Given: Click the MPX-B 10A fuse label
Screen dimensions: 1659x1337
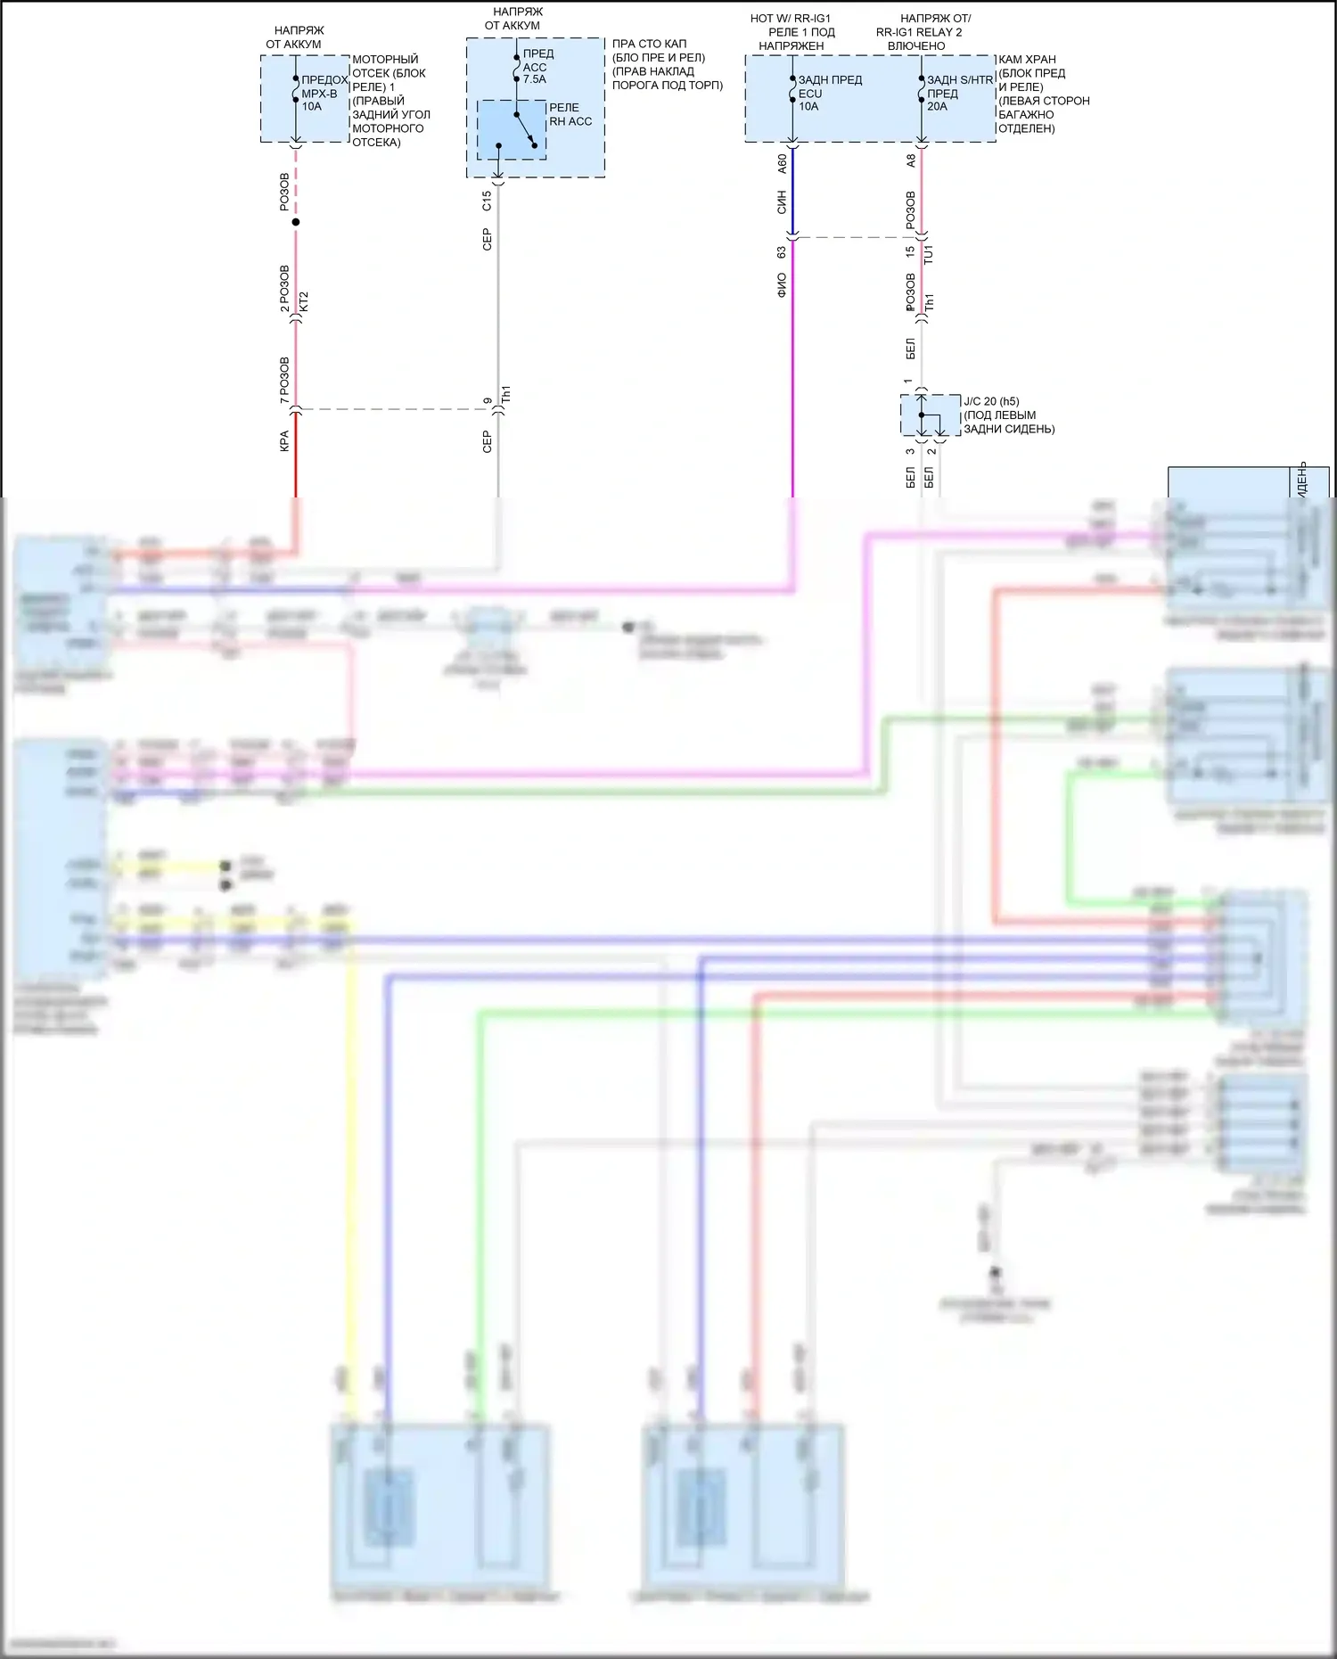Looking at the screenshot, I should coord(319,94).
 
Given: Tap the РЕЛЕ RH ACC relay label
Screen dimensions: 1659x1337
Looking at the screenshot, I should coord(570,114).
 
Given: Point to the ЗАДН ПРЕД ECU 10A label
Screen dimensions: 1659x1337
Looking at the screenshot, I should coord(829,93).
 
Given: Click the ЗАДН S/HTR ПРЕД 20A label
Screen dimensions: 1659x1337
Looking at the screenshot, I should coord(959,93).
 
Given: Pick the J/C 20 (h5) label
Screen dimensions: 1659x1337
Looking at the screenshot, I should coord(991,402).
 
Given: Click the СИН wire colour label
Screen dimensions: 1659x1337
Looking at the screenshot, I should coord(782,201).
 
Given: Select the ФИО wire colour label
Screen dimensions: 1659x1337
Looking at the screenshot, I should coord(782,285).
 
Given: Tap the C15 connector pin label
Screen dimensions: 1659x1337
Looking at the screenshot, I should coord(487,201).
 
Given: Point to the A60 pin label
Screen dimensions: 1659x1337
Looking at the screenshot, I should coord(782,163).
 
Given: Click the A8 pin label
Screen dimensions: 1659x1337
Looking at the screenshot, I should coord(911,161).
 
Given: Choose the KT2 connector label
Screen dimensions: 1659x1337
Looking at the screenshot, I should coord(304,301).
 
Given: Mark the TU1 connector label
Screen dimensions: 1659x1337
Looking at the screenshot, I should coord(928,255).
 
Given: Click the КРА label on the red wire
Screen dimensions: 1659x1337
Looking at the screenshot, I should coord(284,441).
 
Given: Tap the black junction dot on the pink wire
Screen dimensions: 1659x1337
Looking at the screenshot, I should coord(296,222).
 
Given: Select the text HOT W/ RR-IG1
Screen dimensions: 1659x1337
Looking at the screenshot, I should coord(790,19).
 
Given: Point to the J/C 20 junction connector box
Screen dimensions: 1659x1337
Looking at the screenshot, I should coord(930,415).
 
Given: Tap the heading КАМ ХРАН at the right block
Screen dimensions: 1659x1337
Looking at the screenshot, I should coord(1027,60).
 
